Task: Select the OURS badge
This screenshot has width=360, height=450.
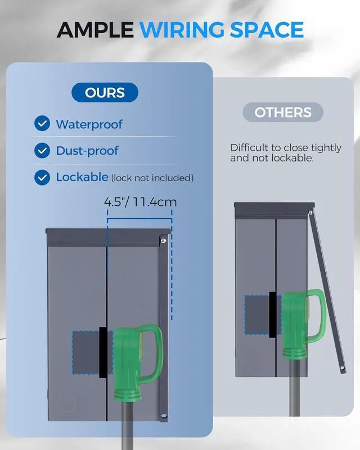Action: pos(105,92)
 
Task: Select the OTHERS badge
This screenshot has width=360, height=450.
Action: pos(283,112)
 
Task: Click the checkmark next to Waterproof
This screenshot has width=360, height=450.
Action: pos(42,124)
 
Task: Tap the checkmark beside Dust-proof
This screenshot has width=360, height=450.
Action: pos(42,151)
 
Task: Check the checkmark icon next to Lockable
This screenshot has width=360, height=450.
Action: pos(42,178)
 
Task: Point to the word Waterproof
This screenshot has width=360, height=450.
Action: pos(89,124)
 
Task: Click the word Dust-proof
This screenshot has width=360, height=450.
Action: pos(87,151)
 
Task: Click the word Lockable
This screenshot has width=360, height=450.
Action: pos(82,177)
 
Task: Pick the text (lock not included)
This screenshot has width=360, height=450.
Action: pos(152,178)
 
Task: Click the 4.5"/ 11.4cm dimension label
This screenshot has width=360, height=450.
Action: pos(138,201)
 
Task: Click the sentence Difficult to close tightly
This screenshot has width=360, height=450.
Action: pos(286,148)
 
